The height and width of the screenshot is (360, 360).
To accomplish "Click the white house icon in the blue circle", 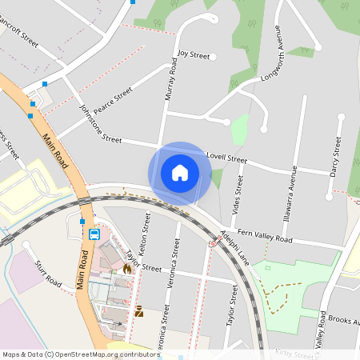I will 180,173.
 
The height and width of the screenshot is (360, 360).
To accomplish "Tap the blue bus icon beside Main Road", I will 94,234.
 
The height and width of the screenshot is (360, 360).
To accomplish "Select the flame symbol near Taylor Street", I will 126,270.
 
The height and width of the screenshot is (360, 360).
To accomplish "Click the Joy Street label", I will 194,55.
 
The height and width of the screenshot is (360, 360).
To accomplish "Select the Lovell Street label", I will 226,158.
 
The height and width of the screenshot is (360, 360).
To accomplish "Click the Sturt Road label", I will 47,273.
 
